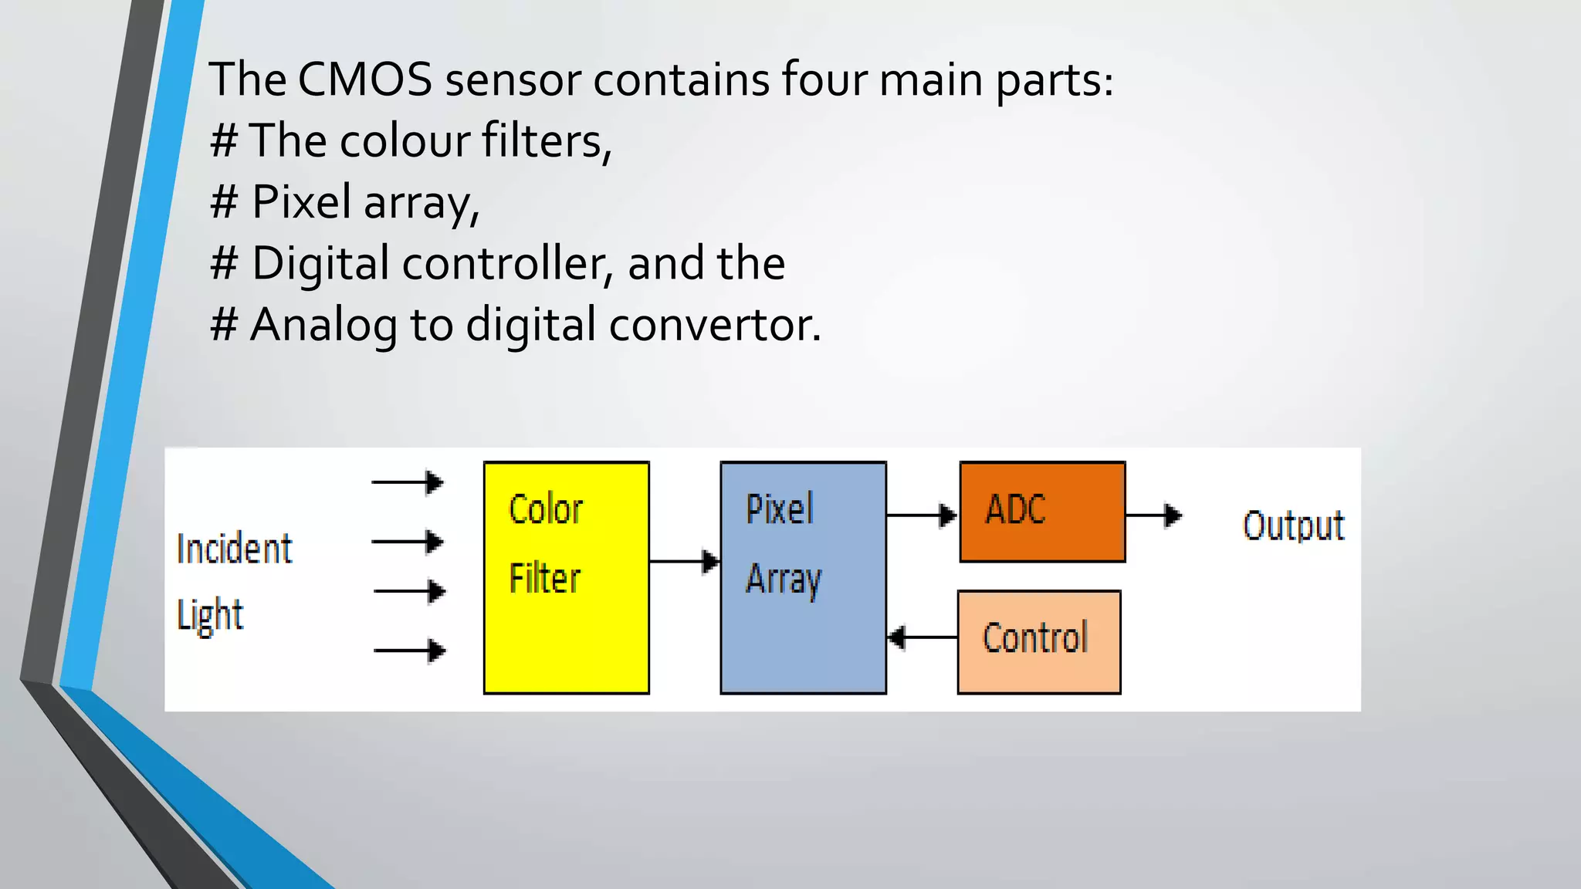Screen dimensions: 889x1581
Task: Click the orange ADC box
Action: point(1042,512)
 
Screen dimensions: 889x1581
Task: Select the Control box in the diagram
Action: point(1038,642)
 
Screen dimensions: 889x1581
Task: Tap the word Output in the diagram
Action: point(1293,526)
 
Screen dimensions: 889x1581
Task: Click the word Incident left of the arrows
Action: point(234,549)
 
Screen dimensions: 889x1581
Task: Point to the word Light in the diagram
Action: point(210,615)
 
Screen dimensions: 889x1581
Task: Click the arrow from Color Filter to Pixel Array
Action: point(684,561)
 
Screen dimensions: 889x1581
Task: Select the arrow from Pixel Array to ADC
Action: point(922,515)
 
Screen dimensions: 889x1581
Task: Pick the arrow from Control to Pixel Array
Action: point(923,637)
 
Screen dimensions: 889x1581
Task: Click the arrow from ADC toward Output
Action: point(1153,515)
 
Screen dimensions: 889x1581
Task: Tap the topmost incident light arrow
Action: point(407,482)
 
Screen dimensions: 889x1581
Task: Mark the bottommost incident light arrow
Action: point(409,651)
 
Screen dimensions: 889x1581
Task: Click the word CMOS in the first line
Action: point(364,79)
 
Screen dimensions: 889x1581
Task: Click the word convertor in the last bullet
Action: point(714,324)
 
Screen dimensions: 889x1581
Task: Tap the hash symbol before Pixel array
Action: point(224,202)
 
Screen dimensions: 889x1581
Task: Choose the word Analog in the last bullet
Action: point(324,324)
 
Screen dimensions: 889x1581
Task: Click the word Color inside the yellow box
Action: point(546,509)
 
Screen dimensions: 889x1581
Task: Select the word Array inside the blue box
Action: point(783,579)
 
